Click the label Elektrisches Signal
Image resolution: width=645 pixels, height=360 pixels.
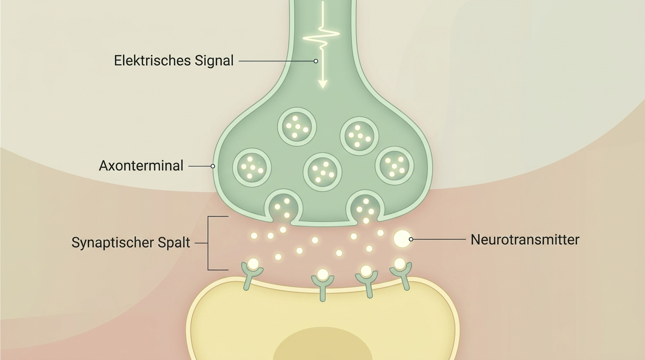tap(173, 61)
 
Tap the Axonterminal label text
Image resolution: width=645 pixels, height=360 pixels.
tap(141, 165)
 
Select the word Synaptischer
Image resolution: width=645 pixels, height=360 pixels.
tap(112, 243)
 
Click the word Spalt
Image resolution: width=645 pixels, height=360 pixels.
tap(173, 243)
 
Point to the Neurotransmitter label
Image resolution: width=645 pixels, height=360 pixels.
tap(525, 240)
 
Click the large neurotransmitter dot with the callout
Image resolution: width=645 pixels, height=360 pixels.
tap(402, 239)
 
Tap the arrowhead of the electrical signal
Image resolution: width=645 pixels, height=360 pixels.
tap(323, 84)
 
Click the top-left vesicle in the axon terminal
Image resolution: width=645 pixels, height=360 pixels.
tap(297, 127)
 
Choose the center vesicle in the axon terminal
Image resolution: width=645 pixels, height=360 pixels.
tap(322, 172)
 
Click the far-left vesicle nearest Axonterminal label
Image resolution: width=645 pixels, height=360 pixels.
tap(252, 168)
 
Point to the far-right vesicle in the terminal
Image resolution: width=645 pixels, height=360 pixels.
tap(395, 165)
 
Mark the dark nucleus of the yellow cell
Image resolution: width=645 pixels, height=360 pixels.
tap(322, 344)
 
